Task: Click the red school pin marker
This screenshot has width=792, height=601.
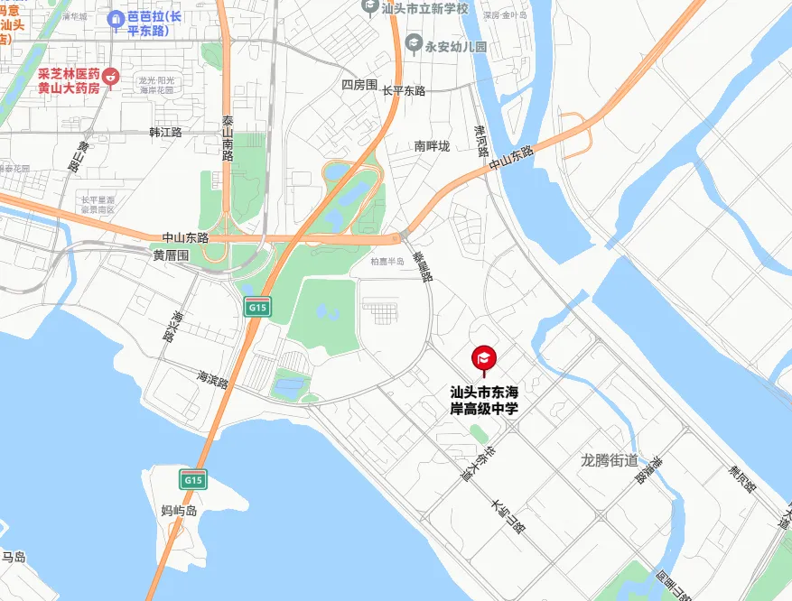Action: [x=483, y=359]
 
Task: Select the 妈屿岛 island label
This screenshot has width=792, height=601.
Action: [x=179, y=510]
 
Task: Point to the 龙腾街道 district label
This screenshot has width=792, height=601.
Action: [x=609, y=460]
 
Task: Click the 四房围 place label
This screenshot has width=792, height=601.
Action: [x=358, y=85]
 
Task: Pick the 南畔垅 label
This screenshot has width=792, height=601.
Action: [x=432, y=145]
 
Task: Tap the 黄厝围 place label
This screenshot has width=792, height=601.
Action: [x=171, y=255]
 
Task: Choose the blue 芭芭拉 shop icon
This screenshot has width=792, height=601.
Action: [x=115, y=18]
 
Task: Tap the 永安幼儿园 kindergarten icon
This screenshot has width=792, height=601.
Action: [x=413, y=42]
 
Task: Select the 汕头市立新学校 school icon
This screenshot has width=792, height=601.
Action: [x=368, y=6]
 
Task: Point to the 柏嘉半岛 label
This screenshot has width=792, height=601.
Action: [x=387, y=262]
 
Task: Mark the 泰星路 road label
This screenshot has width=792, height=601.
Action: [x=423, y=267]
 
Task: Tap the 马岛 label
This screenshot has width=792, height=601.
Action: [x=14, y=557]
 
